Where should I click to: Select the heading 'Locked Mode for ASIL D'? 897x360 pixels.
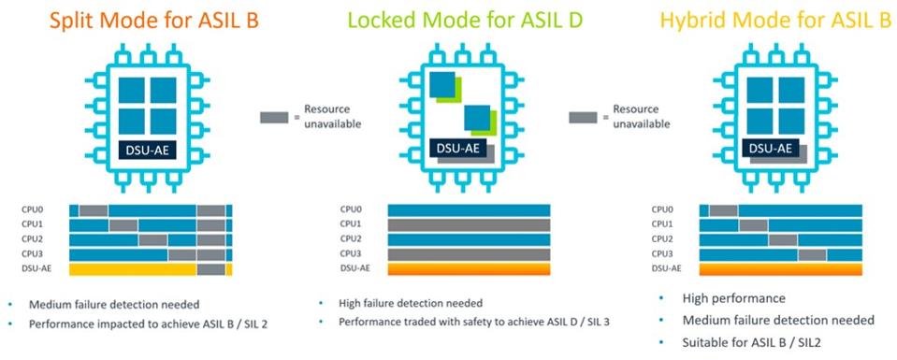coord(452,18)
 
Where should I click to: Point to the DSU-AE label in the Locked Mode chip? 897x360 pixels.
coord(458,148)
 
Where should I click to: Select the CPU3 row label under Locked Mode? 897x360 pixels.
coord(350,253)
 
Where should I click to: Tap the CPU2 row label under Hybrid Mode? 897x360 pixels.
coord(661,239)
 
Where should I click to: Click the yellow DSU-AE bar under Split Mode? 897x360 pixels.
coord(131,269)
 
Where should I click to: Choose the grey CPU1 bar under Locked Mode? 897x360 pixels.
coord(469,224)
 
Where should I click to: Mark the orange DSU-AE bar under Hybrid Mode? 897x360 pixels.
coord(781,269)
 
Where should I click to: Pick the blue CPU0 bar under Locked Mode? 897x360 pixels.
coord(469,209)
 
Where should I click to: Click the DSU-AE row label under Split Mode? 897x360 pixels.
coord(35,268)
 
